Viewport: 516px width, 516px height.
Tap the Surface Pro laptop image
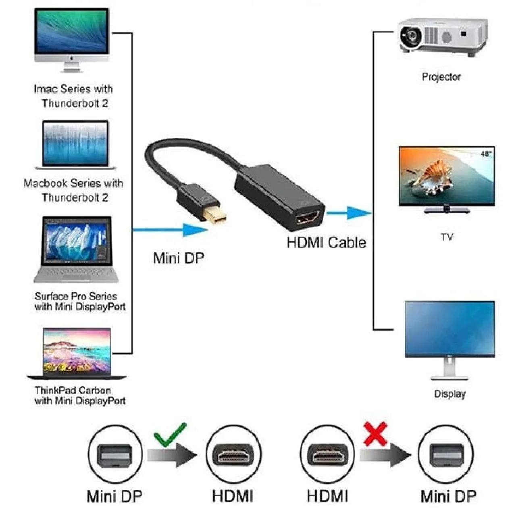click(x=76, y=248)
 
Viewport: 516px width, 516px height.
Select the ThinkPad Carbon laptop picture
click(x=77, y=353)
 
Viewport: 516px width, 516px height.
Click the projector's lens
click(x=411, y=37)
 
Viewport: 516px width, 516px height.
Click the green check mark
click(x=170, y=434)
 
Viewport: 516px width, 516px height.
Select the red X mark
click(x=375, y=434)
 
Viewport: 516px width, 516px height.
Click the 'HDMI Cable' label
click(x=326, y=243)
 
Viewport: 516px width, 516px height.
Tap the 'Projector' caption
click(x=441, y=77)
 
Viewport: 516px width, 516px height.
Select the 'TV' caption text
click(x=447, y=237)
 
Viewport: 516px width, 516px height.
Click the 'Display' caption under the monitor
click(x=450, y=394)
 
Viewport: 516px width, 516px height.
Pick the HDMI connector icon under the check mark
click(x=233, y=455)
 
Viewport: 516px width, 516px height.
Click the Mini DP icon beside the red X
click(x=446, y=455)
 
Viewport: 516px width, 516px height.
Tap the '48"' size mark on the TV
click(x=486, y=154)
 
